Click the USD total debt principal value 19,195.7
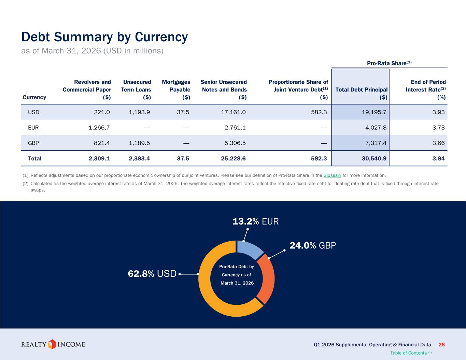pos(374,112)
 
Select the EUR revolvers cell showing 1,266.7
pos(99,128)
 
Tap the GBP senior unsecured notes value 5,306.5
pos(235,143)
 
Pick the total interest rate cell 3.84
pos(438,158)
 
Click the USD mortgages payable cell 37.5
pos(183,112)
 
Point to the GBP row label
pos(33,143)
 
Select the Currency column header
pos(34,97)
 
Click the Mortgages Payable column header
pos(176,89)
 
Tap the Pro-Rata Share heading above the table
pos(389,63)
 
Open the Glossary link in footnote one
pos(332,175)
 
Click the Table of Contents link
pos(408,353)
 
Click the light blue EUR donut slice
pos(249,248)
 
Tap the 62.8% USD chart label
pos(152,274)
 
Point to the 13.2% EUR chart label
pos(255,221)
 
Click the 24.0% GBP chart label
pos(313,245)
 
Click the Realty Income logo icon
pos(52,344)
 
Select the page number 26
pos(441,345)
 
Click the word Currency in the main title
pos(161,37)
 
